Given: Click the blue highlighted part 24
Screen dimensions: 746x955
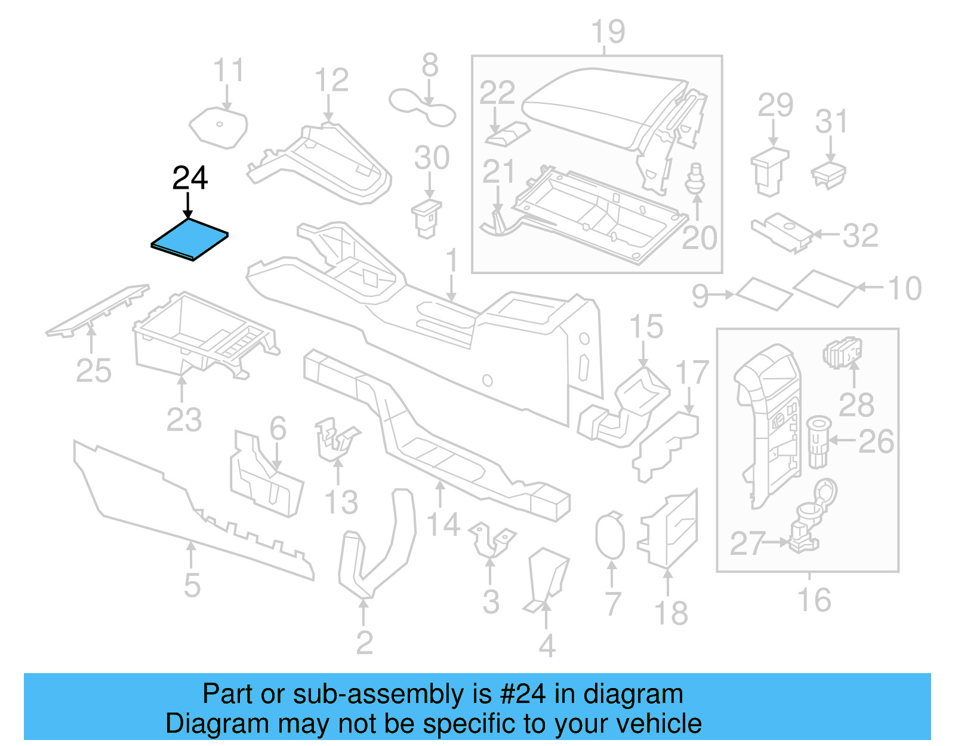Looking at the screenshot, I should tap(190, 239).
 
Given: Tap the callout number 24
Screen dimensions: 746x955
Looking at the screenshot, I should tap(190, 178).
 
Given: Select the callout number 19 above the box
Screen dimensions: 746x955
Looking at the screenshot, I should tap(608, 32).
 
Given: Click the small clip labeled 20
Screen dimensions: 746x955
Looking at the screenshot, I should tap(694, 179).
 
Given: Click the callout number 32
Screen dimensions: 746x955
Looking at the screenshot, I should tap(860, 235).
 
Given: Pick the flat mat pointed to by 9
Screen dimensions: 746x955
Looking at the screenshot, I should tap(763, 293).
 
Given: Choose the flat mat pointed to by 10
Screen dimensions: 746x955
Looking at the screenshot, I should tap(825, 288).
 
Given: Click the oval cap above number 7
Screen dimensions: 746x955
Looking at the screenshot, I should tap(609, 536).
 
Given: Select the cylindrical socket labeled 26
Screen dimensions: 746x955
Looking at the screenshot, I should tap(818, 442).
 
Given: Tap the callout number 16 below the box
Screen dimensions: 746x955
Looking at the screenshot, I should tap(814, 600).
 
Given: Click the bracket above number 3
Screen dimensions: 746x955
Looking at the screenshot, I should tap(491, 539).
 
